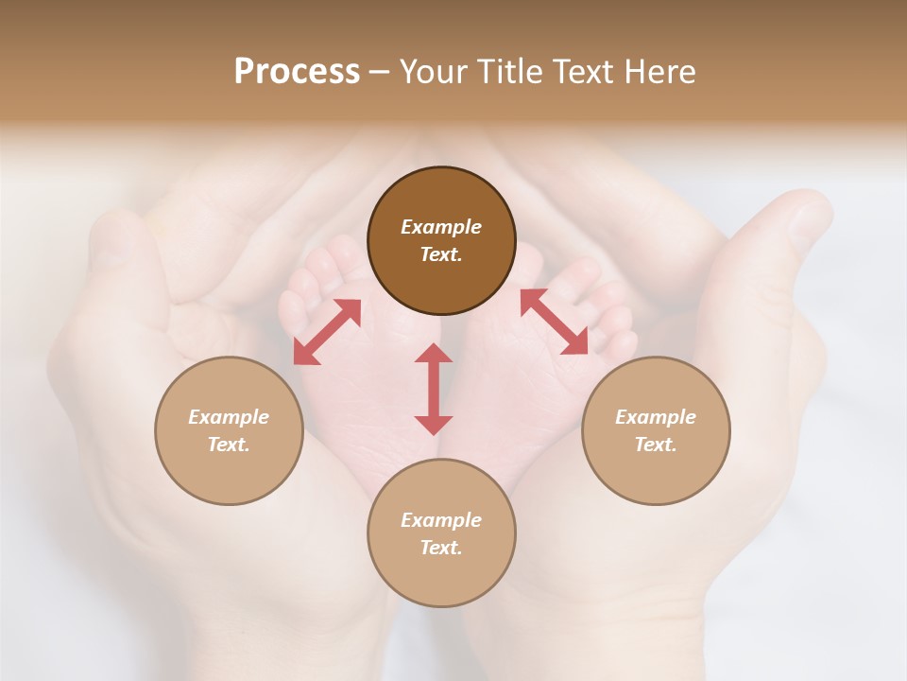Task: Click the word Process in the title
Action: tap(297, 72)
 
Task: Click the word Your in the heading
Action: tap(434, 72)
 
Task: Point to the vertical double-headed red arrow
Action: tap(434, 389)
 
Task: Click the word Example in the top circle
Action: tap(441, 227)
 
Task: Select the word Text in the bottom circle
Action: tap(441, 548)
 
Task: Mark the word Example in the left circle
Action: tap(229, 417)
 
